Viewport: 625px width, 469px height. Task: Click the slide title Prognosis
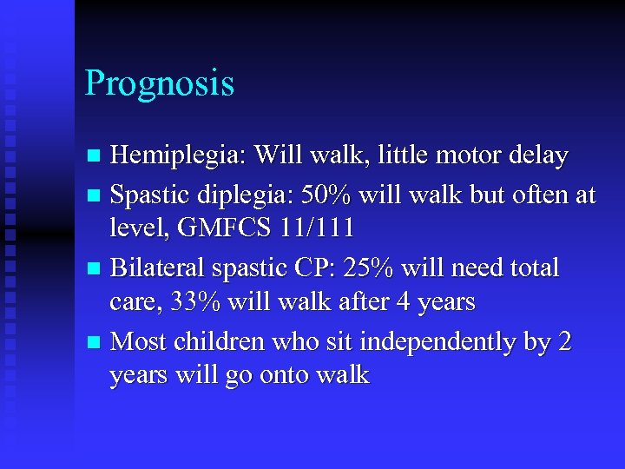pos(160,84)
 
